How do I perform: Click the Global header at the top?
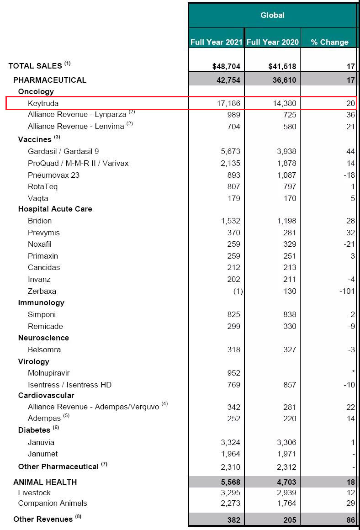[272, 15]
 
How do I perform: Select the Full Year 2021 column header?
[216, 42]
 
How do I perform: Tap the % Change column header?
[329, 42]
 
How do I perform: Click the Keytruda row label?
[43, 103]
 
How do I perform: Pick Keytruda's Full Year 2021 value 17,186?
[228, 103]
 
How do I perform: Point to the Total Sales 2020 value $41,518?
[282, 66]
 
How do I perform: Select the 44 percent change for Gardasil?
[350, 151]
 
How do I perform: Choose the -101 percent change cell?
[347, 291]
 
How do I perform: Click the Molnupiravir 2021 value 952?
[233, 373]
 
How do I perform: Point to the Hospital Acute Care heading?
[55, 209]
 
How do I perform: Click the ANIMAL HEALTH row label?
[45, 482]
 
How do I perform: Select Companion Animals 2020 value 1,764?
[286, 503]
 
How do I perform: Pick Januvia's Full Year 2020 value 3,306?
[286, 442]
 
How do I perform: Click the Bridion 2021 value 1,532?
[230, 221]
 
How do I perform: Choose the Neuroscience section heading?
[43, 338]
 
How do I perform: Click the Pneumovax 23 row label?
[53, 175]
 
